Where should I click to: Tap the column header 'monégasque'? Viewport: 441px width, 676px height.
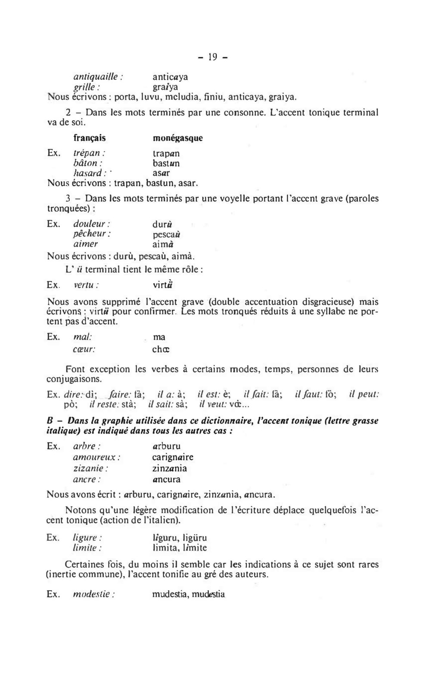177,138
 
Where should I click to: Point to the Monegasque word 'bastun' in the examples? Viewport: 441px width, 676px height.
166,163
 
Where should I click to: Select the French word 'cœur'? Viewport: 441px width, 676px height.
84,349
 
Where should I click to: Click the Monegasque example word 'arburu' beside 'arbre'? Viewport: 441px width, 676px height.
166,446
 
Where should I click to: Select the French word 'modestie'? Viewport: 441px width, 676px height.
94,595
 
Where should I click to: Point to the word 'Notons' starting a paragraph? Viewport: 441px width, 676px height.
80,510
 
